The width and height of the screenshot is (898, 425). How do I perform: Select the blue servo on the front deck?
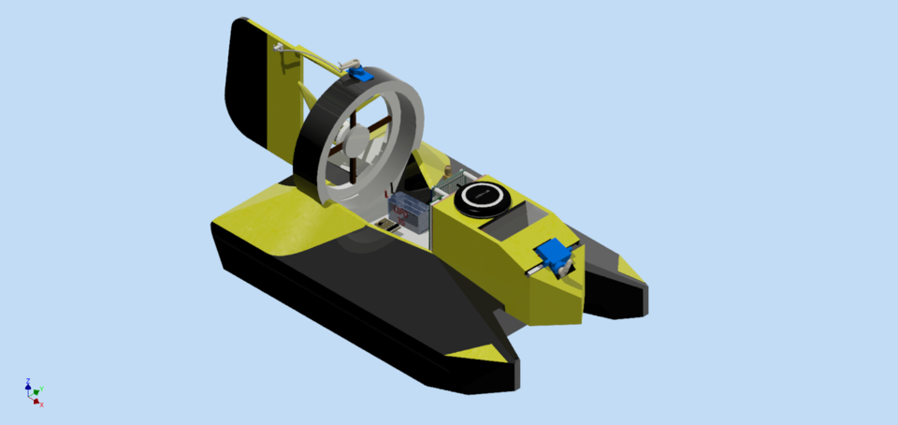tap(556, 255)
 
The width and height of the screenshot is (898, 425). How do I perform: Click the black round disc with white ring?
tap(482, 197)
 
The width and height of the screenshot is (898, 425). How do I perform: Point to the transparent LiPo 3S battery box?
tap(409, 212)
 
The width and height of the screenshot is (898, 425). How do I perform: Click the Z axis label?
tap(28, 381)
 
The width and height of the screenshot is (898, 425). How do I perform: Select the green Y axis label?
tap(43, 388)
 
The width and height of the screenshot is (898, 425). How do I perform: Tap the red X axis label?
tap(42, 404)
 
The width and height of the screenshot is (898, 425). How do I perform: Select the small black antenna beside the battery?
tap(384, 195)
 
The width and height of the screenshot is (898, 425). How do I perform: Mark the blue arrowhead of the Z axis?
tap(28, 387)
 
